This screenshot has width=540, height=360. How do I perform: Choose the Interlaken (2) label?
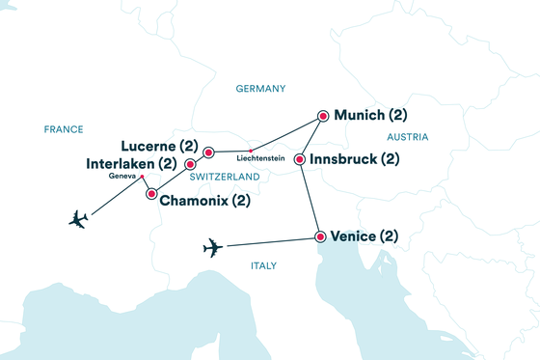[131, 164]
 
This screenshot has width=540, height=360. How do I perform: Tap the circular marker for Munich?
[321, 115]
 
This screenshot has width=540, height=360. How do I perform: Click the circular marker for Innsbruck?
[300, 159]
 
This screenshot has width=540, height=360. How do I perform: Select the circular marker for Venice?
[318, 236]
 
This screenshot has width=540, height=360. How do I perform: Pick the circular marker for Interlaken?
[190, 164]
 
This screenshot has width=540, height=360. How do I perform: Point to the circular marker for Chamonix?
[150, 194]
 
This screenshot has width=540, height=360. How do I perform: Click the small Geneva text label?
[122, 178]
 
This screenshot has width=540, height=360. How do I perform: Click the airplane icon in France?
[79, 219]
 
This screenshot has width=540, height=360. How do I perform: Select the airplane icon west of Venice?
[214, 249]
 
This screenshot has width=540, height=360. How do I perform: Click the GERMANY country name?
[260, 89]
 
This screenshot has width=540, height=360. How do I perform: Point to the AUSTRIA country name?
[406, 138]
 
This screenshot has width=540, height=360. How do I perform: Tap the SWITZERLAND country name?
[225, 178]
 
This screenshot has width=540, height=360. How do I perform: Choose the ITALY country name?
[263, 265]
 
